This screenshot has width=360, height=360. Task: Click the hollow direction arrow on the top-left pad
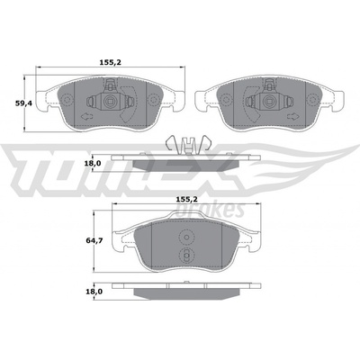pyautogui.click(x=86, y=116)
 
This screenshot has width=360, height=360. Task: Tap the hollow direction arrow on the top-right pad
pyautogui.click(x=292, y=116)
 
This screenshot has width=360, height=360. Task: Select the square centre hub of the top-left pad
pyautogui.click(x=110, y=102)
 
